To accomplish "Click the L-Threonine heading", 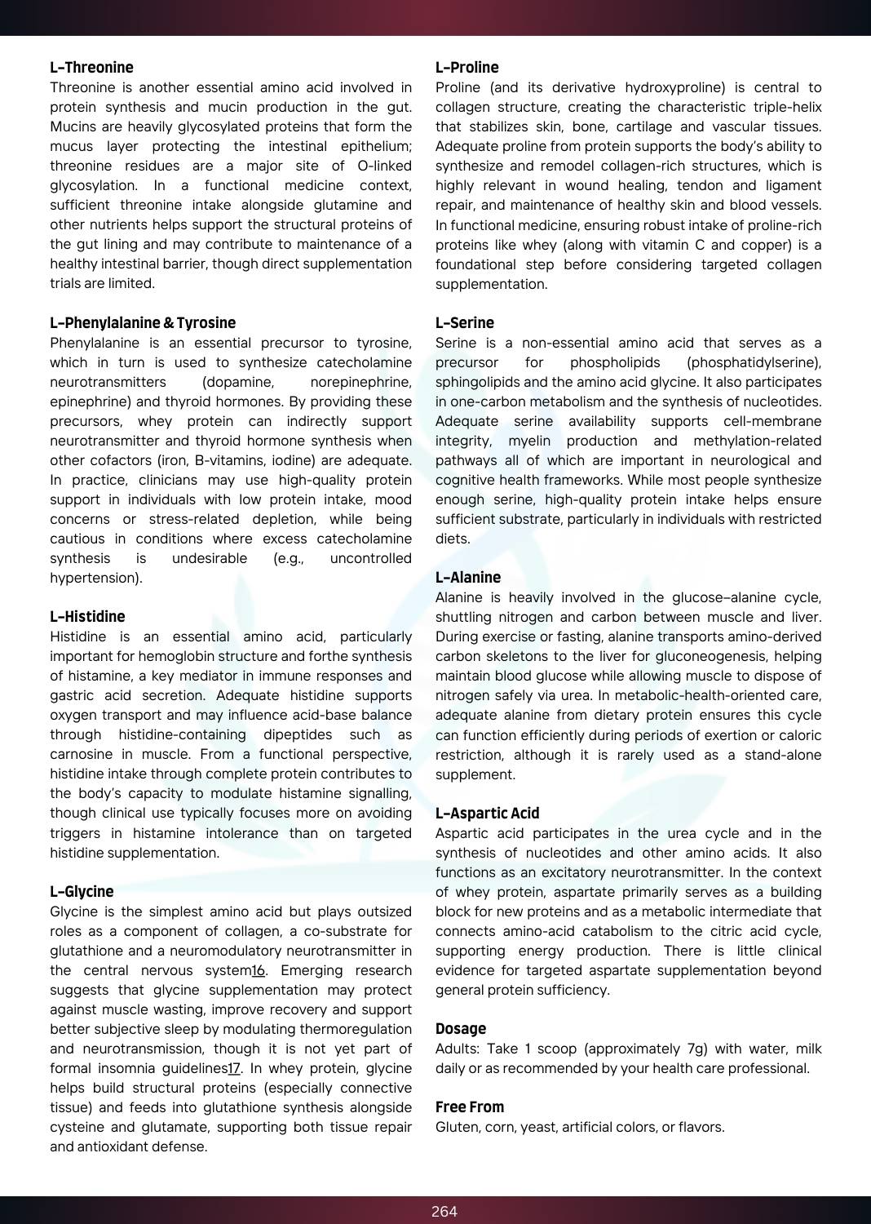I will coord(91,68).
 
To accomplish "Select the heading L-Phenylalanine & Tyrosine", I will coord(143,323).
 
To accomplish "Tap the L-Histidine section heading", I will coord(87,617).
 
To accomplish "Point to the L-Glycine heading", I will coord(82,892).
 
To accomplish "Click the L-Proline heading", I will coord(466,68).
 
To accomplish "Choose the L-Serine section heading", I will coord(464,323).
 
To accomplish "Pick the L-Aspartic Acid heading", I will coord(487,814).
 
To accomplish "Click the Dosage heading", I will coord(460,1029).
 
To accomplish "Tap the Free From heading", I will coord(469,1107).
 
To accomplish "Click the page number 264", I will coord(444,1212).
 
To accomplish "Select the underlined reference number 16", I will coord(259,971).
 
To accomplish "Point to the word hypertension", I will coord(94,579).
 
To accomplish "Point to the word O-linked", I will coord(384,166).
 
